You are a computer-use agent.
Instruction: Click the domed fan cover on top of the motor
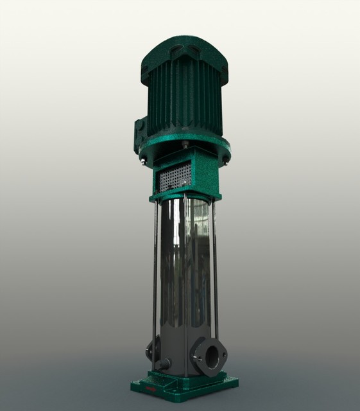click(185, 51)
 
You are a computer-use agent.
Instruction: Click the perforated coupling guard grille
click(175, 174)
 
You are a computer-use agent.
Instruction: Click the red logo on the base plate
click(151, 389)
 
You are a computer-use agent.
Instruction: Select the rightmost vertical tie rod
click(214, 270)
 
